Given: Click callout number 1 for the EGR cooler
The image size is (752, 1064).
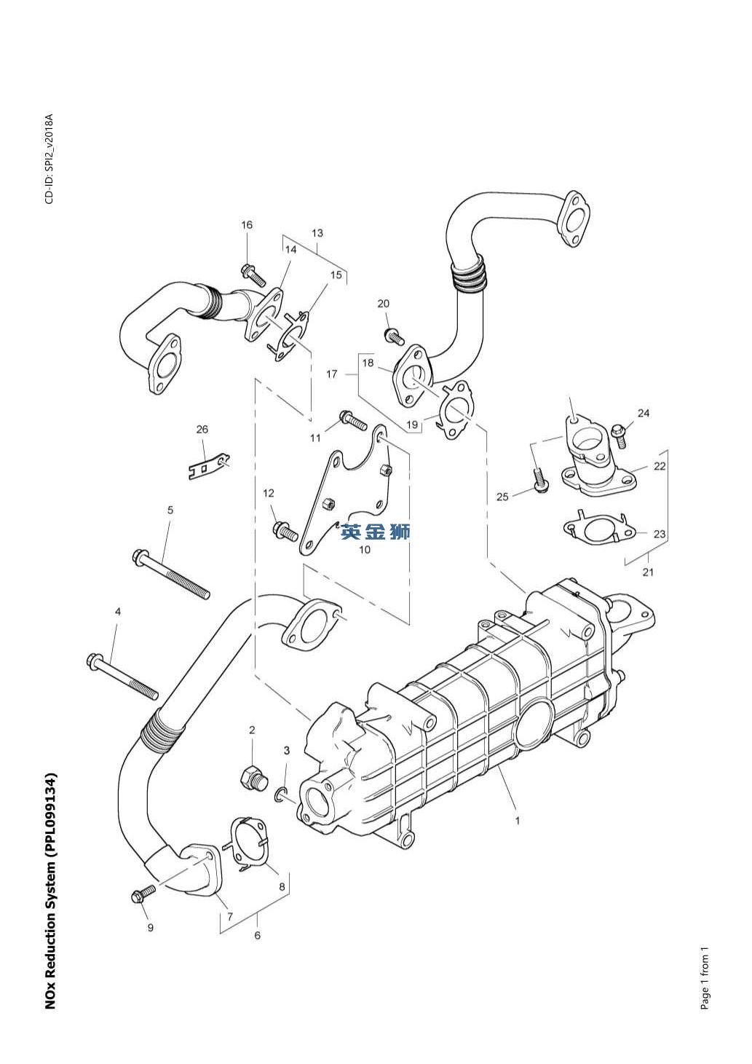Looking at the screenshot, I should tap(518, 821).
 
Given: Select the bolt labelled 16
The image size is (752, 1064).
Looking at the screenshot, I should tap(253, 275).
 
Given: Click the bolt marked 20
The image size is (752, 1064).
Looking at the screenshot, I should tap(393, 336).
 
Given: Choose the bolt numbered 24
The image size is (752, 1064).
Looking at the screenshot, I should tap(619, 433).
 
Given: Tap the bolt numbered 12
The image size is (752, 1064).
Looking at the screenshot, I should tap(284, 532).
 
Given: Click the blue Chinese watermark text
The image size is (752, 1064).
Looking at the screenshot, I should tap(376, 532).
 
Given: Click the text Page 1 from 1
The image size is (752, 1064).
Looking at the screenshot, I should tap(705, 978).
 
